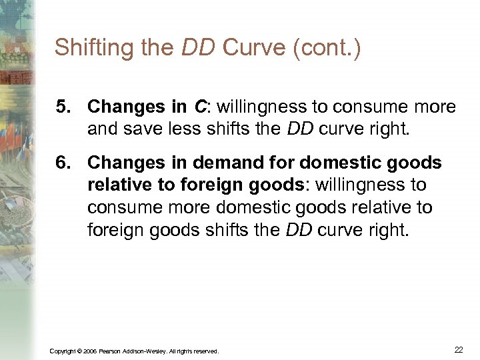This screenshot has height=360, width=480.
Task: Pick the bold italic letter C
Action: tap(199, 107)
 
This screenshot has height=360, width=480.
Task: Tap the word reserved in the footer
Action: tap(205, 351)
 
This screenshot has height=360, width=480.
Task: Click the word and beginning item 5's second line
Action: tap(102, 129)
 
